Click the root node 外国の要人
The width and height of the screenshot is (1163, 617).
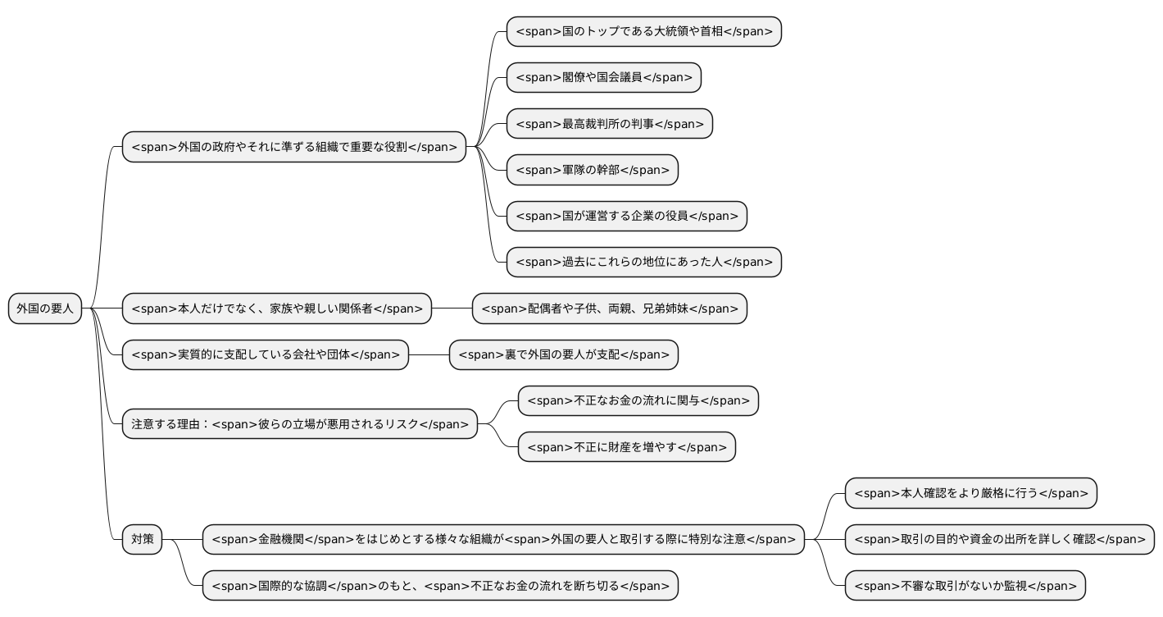45,308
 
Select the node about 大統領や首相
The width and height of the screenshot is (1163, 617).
643,32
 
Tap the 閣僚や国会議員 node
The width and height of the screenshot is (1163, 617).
603,78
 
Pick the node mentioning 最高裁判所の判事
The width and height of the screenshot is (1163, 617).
609,124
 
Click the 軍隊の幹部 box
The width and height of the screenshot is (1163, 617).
592,170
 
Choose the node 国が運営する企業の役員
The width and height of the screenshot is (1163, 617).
626,216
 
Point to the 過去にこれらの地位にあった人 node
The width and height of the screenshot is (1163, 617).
643,263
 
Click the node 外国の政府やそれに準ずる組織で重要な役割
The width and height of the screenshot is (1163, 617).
293,147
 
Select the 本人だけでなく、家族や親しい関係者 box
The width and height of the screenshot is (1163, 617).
276,308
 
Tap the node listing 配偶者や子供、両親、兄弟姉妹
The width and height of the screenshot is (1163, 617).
609,308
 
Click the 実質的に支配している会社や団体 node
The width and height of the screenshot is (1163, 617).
265,354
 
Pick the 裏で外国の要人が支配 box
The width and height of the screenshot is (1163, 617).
563,354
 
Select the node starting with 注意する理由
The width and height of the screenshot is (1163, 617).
299,424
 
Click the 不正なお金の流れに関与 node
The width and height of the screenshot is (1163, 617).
638,400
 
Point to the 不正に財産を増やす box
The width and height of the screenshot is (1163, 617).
626,447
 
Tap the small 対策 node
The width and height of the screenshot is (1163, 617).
142,540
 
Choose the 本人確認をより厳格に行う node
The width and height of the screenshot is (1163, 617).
970,493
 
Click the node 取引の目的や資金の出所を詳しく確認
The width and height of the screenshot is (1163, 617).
999,540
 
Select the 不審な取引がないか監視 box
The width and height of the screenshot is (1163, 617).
965,586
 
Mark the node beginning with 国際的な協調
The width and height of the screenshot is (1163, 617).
440,586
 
